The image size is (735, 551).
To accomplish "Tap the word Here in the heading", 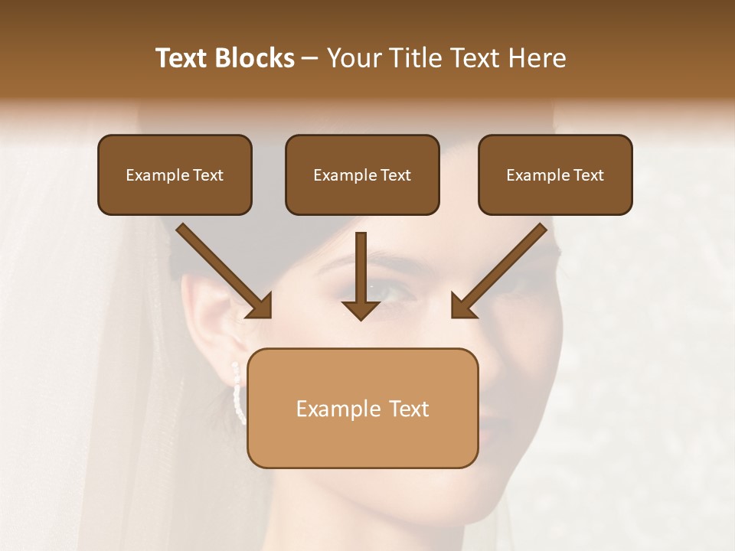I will [x=535, y=58].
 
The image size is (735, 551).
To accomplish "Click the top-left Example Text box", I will [x=175, y=175].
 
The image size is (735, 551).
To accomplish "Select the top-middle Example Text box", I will [x=362, y=175].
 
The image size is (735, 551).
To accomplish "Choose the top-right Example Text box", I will [x=555, y=175].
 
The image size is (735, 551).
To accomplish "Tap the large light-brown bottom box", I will [x=362, y=409].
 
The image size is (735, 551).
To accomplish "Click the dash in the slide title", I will [x=310, y=59].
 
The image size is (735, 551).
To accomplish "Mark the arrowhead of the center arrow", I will [x=361, y=310].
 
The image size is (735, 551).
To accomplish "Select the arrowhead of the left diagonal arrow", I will [x=261, y=307].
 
